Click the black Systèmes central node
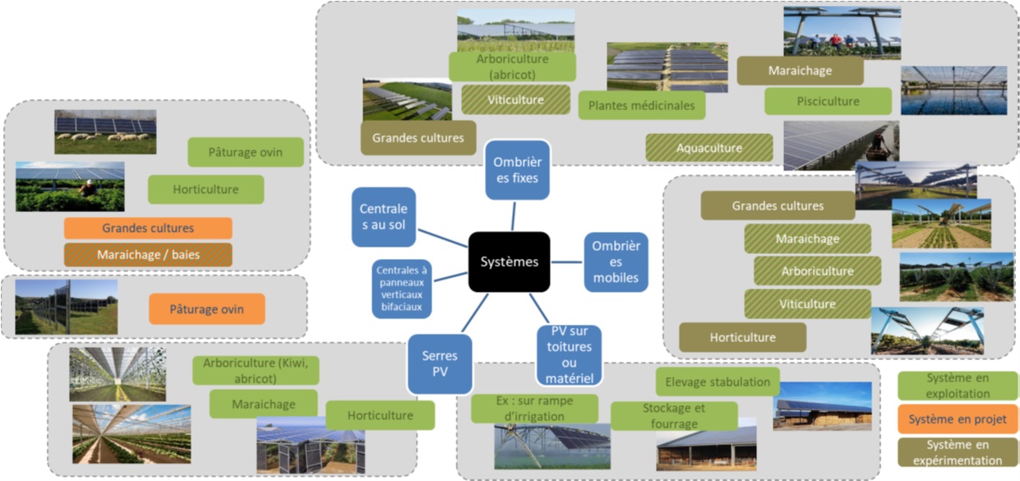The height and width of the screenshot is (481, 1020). pyautogui.click(x=509, y=261)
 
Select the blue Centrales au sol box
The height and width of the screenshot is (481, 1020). pyautogui.click(x=384, y=217)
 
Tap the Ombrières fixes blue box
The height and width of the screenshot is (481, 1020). pyautogui.click(x=517, y=169)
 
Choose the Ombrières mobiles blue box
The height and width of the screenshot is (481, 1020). pyautogui.click(x=616, y=262)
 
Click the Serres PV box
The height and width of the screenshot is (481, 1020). pyautogui.click(x=440, y=363)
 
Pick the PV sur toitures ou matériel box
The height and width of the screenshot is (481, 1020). pyautogui.click(x=569, y=355)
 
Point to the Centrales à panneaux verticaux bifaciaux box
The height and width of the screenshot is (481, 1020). pyautogui.click(x=402, y=289)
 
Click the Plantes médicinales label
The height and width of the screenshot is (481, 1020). pyautogui.click(x=641, y=105)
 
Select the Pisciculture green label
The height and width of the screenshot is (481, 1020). pyautogui.click(x=828, y=101)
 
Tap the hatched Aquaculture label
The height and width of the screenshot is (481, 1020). pyautogui.click(x=708, y=148)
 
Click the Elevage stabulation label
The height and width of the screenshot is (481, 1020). pyautogui.click(x=718, y=382)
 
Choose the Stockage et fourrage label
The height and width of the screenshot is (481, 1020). pyautogui.click(x=674, y=415)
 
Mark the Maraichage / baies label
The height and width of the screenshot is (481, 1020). pyautogui.click(x=148, y=254)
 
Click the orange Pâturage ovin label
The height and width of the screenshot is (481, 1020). pyautogui.click(x=206, y=309)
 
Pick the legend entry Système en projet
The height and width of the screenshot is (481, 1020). pyautogui.click(x=958, y=419)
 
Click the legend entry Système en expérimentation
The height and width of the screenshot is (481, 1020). pyautogui.click(x=958, y=452)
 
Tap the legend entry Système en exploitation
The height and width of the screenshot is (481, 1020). pyautogui.click(x=958, y=386)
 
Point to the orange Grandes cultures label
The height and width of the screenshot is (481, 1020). pyautogui.click(x=148, y=228)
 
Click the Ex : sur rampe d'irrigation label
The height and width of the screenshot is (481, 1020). pyautogui.click(x=534, y=409)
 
